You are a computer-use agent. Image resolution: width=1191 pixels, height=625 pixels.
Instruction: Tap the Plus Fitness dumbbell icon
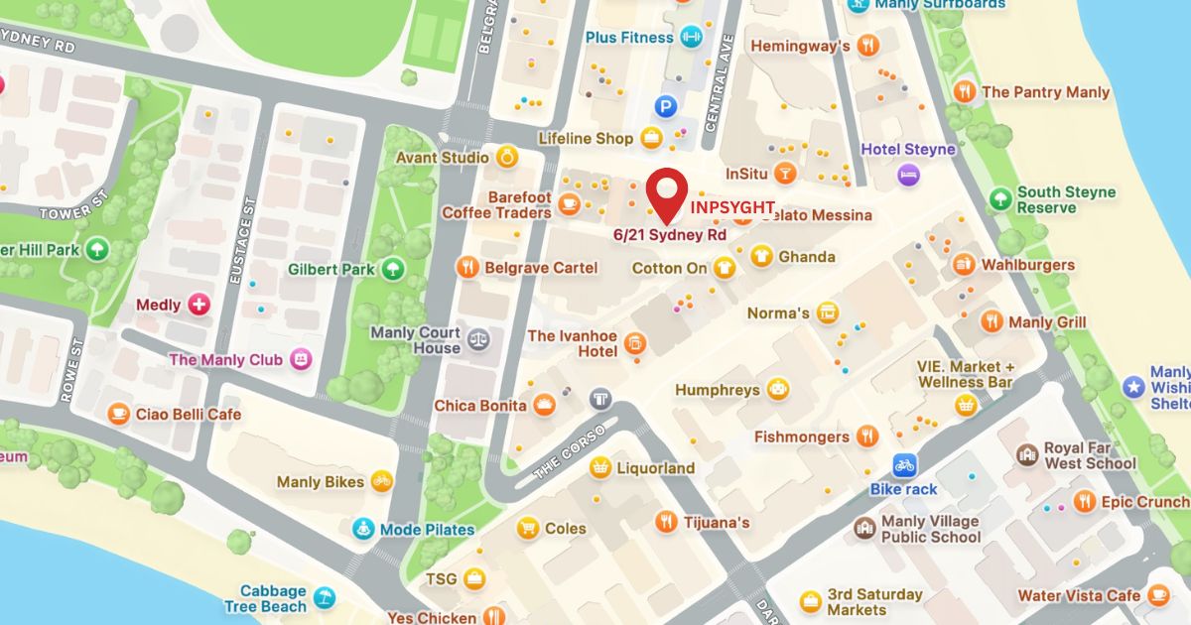click(691, 38)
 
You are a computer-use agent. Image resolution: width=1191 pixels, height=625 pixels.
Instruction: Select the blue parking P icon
click(665, 103)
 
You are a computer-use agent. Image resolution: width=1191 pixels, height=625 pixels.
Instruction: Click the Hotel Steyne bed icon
click(906, 176)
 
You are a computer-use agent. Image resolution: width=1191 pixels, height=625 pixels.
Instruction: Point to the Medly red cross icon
click(199, 305)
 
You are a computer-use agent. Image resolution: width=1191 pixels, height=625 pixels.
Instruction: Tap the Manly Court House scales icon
click(478, 338)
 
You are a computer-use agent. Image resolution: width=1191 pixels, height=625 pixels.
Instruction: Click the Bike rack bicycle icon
click(903, 464)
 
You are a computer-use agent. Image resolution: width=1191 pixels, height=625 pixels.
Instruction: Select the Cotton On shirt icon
click(725, 267)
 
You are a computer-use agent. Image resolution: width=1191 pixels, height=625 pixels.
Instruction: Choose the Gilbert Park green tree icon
click(393, 269)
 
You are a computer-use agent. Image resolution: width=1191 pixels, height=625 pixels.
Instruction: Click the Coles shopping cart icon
click(528, 528)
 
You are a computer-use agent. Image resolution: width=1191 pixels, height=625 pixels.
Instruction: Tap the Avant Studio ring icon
click(506, 157)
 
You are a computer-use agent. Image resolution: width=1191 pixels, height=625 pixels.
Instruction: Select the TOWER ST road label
click(71, 212)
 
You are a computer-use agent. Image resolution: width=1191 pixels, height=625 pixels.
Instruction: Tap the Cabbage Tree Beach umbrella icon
click(325, 597)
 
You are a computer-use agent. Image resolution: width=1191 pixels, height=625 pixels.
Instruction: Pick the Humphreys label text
click(717, 390)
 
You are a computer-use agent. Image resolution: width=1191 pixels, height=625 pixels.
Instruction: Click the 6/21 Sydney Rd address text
click(669, 235)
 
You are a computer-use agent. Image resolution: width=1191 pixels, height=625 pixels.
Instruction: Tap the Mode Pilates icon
click(364, 529)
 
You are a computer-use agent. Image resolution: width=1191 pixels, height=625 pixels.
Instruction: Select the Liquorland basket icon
click(599, 467)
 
